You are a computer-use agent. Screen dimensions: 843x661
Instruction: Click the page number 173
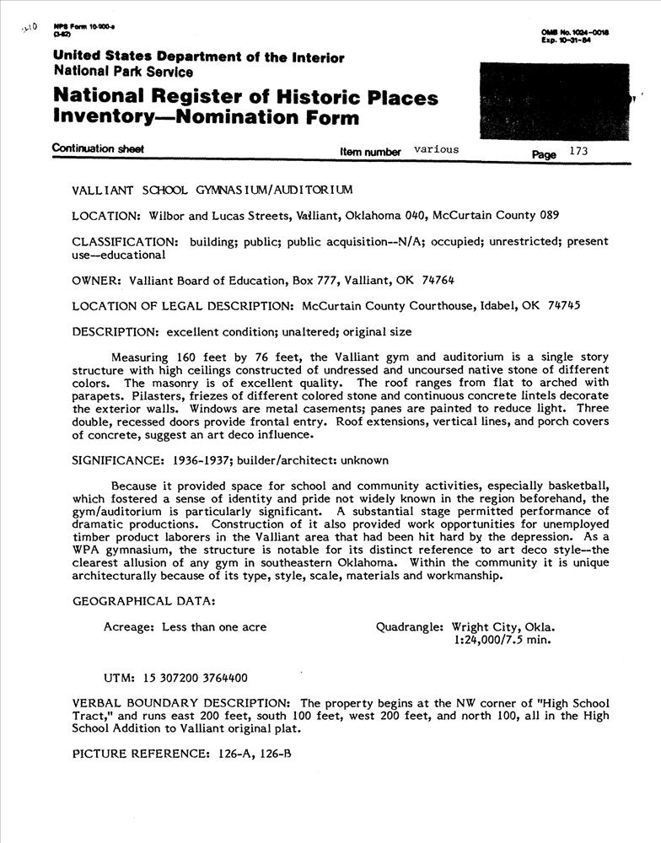point(578,151)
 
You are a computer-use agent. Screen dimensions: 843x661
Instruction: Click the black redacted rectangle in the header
point(552,99)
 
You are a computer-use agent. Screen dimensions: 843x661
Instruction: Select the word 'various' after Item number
point(437,150)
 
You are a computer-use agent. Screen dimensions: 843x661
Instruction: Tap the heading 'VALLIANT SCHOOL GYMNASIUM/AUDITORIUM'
point(212,190)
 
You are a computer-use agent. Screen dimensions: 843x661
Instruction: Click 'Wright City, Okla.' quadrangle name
point(503,627)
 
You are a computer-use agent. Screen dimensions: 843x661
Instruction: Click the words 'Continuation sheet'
point(98,149)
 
